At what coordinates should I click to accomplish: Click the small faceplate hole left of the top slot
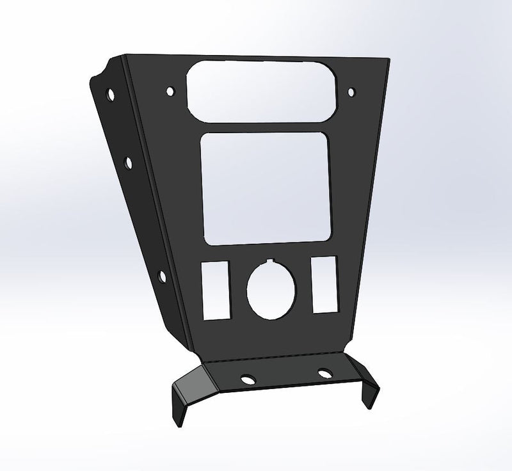(x=171, y=91)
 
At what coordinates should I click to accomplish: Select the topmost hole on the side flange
(x=112, y=95)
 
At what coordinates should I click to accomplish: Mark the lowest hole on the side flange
(x=161, y=276)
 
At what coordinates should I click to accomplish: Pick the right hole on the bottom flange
(x=324, y=373)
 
